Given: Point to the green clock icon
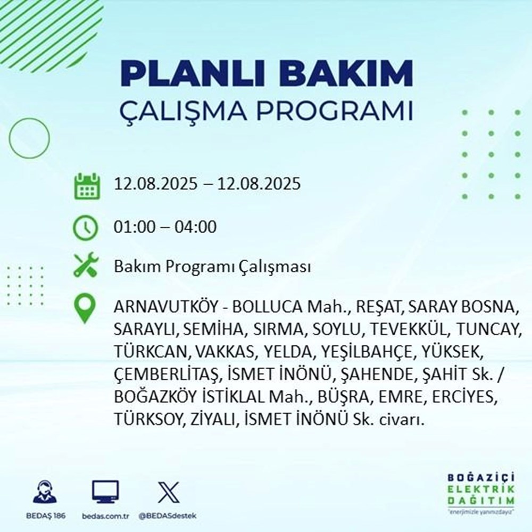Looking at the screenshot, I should coord(86,227).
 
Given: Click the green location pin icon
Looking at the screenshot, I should coord(86,308).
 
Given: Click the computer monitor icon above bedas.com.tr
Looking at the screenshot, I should coord(105,492).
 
